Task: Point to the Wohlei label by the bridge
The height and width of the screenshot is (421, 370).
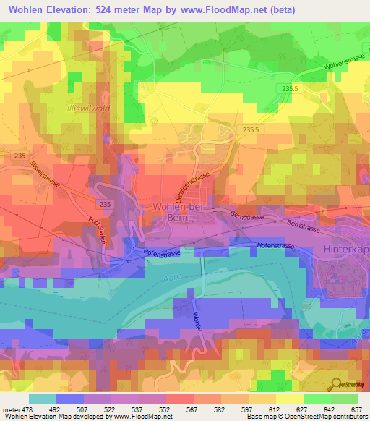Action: click(x=197, y=318)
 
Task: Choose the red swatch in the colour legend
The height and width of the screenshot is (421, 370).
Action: click(x=179, y=399)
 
